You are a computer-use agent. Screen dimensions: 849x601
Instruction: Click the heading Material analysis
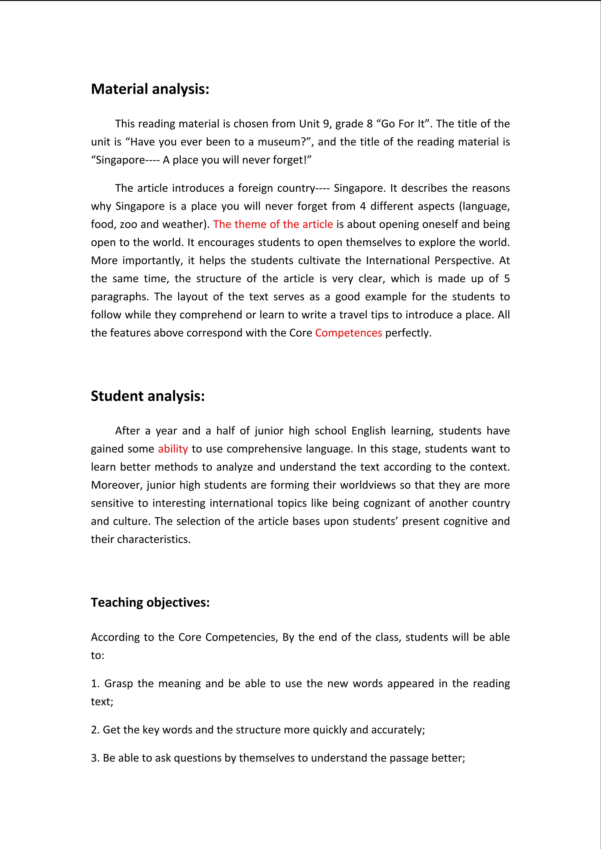tap(150, 89)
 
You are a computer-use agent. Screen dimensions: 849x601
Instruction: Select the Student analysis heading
tap(148, 396)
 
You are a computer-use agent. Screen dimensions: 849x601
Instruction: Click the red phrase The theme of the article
tap(273, 224)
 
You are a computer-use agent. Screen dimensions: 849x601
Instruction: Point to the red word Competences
tap(348, 333)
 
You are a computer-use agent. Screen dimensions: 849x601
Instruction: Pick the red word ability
tap(173, 449)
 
